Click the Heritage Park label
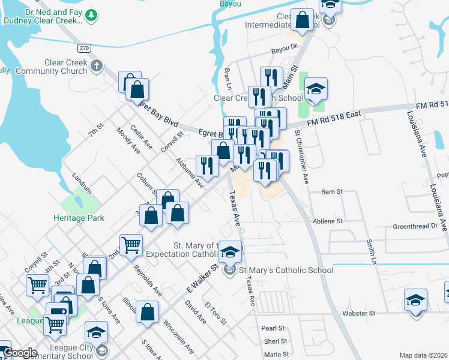pyautogui.click(x=79, y=218)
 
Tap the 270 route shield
pyautogui.click(x=84, y=47)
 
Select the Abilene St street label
pyautogui.click(x=328, y=220)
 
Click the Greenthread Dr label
pyautogui.click(x=415, y=226)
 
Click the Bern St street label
pyautogui.click(x=331, y=192)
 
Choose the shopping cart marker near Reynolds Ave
pyautogui.click(x=131, y=245)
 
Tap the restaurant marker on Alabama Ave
pyautogui.click(x=207, y=166)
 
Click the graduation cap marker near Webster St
pyautogui.click(x=415, y=300)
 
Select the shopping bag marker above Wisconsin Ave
pyautogui.click(x=147, y=313)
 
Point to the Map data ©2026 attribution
pyautogui.click(x=423, y=355)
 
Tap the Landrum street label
pyautogui.click(x=82, y=183)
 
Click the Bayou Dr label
pyautogui.click(x=285, y=52)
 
